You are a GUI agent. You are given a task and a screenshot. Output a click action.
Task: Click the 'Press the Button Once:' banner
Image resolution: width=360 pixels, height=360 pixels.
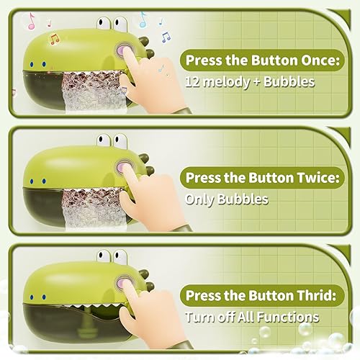[261, 60]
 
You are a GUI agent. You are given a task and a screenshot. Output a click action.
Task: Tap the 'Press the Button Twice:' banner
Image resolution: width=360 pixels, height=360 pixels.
[261, 177]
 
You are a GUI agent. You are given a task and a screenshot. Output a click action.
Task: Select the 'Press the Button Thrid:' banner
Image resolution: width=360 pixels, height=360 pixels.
[261, 294]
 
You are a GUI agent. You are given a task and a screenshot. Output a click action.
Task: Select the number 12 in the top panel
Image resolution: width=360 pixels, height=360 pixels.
[193, 82]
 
